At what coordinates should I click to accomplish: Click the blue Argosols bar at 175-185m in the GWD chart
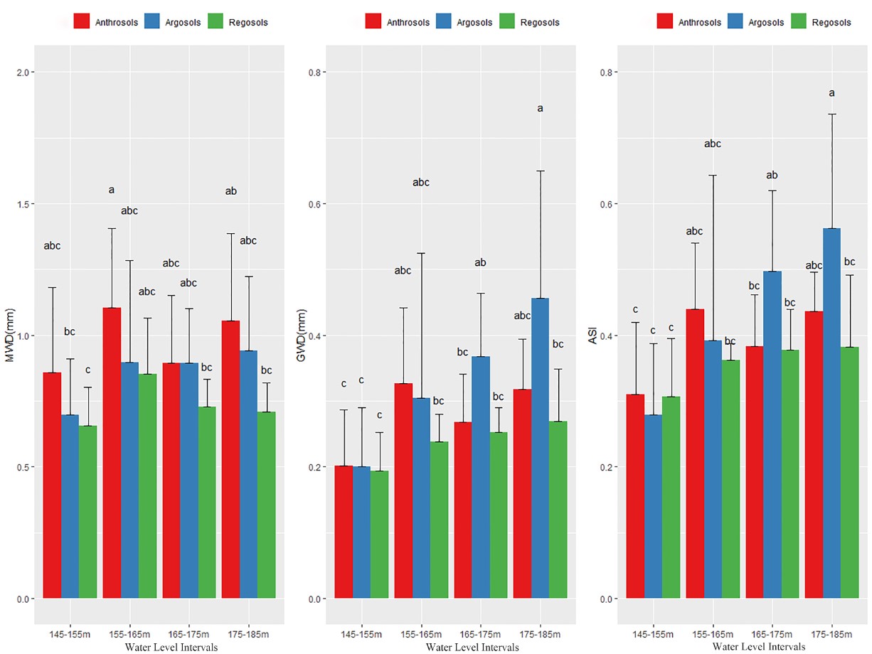[541, 448]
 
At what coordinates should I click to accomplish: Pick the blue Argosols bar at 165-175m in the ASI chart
[772, 434]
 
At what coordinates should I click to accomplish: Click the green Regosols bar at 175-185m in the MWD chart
[267, 505]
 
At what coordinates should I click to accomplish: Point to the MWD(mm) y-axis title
[10, 335]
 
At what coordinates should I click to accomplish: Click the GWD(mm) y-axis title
[301, 335]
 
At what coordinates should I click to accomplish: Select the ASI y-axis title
[592, 336]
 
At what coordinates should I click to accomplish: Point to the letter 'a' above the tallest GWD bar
[540, 109]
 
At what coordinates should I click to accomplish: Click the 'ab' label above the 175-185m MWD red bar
[230, 191]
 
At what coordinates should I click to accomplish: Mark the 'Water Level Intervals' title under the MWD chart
[171, 648]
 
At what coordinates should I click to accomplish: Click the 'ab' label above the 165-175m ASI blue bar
[772, 175]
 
